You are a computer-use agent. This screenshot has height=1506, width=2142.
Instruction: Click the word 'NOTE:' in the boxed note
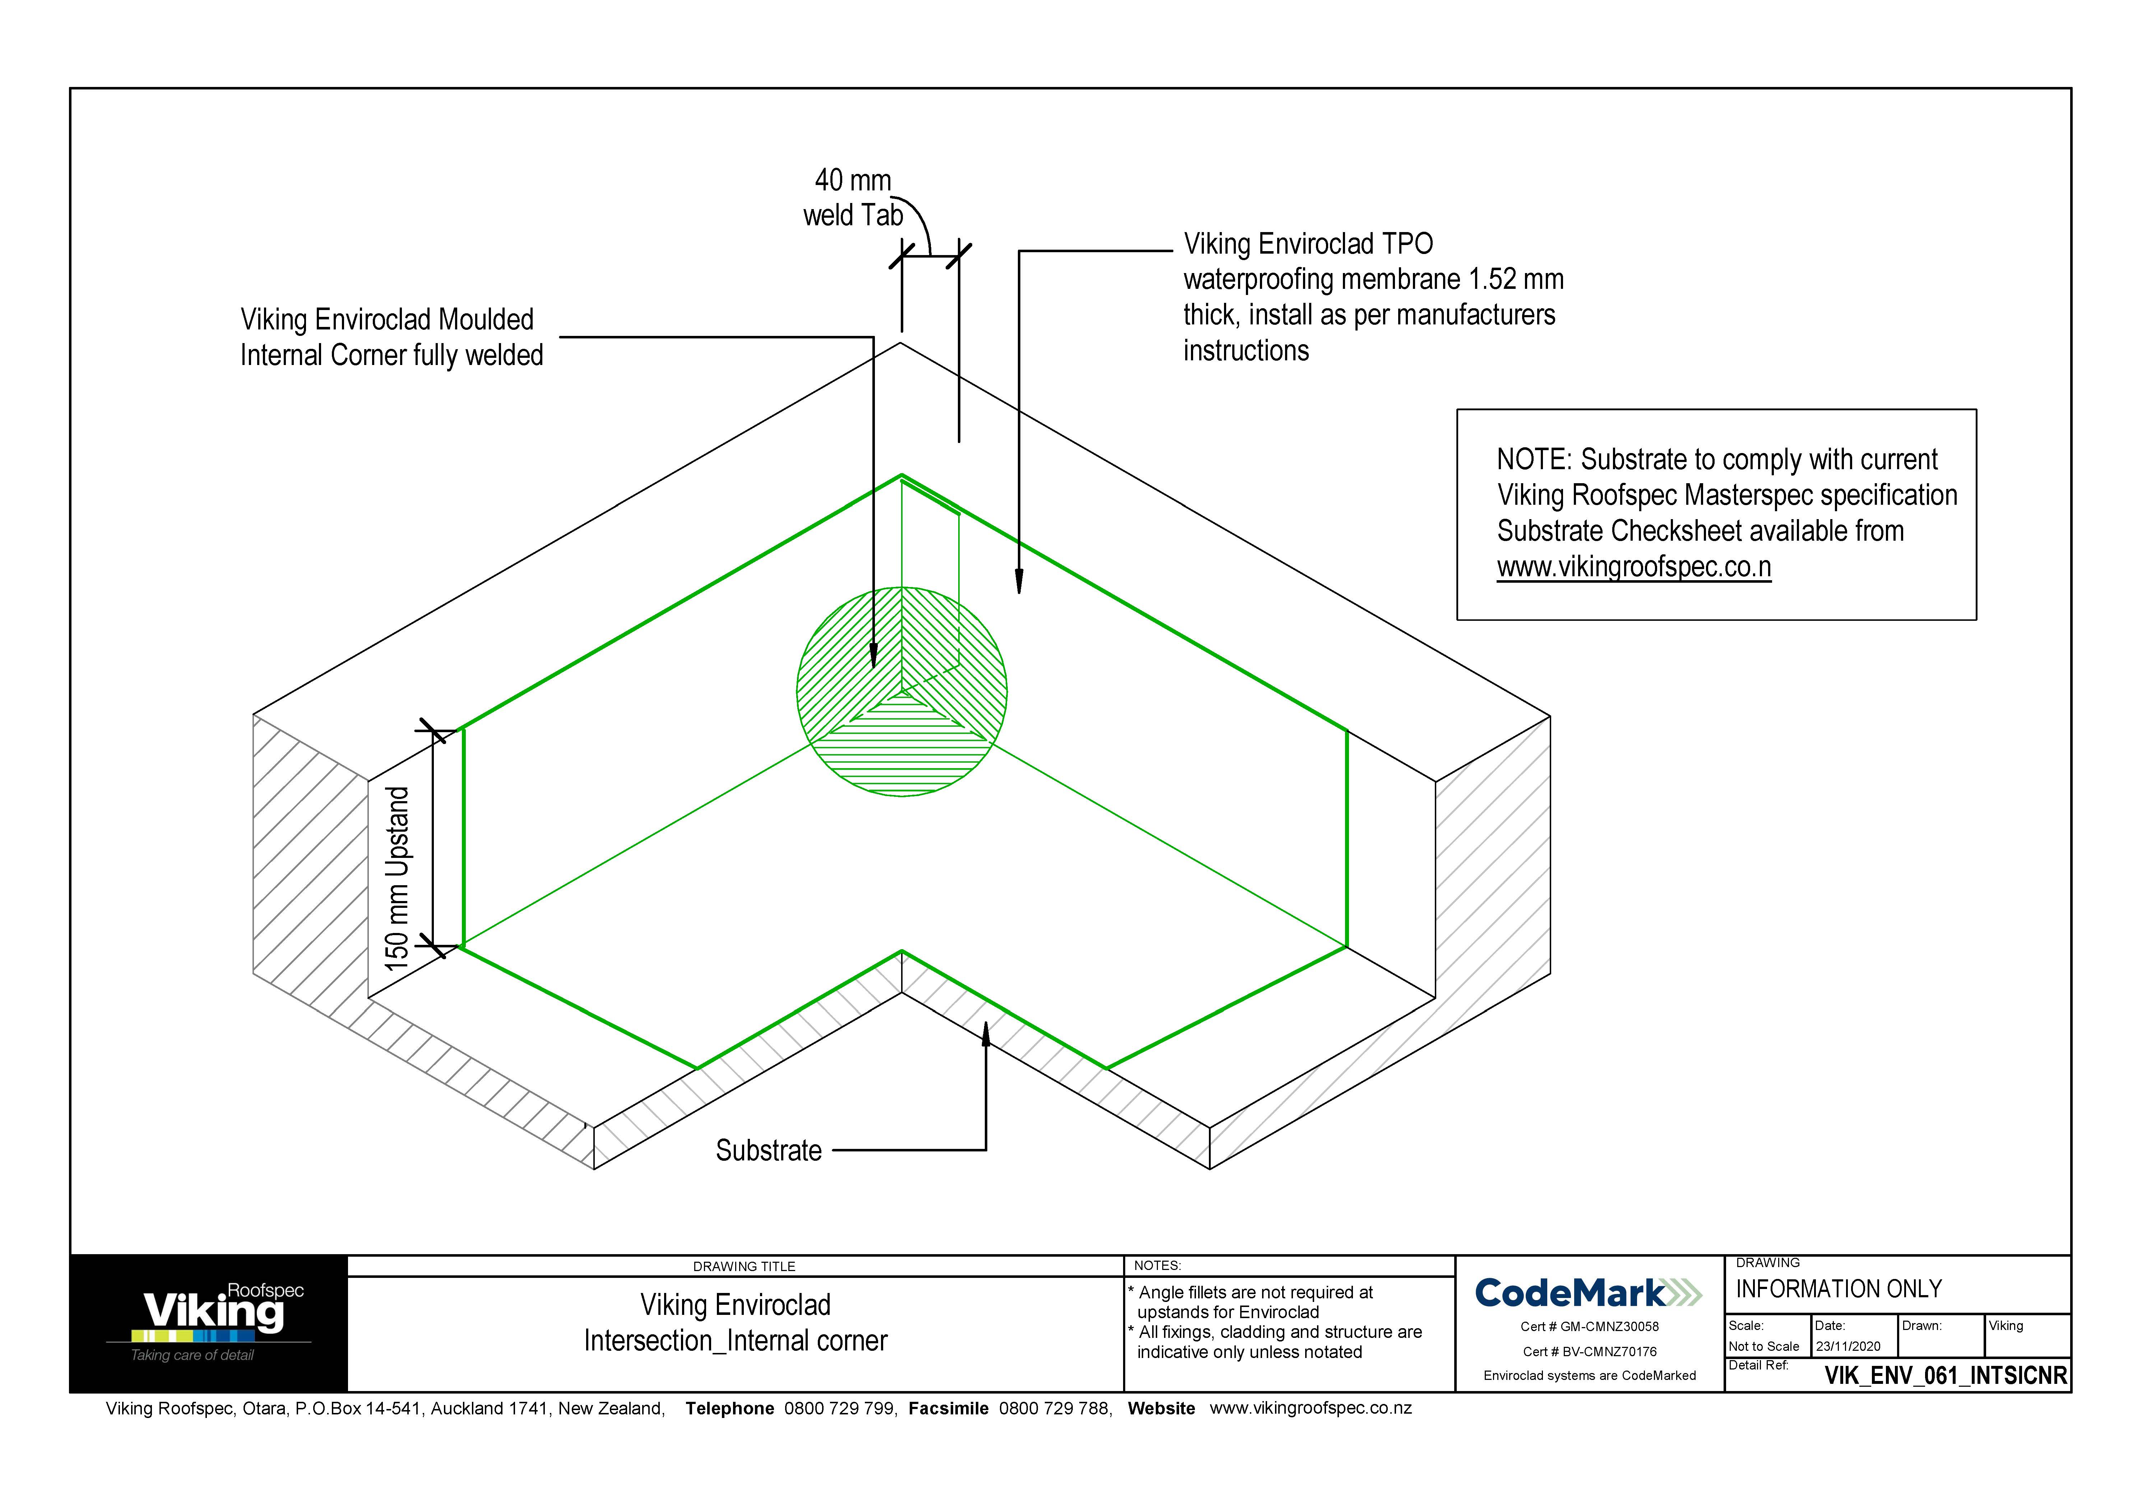(1534, 460)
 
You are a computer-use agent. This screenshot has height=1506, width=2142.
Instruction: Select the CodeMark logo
(1588, 1293)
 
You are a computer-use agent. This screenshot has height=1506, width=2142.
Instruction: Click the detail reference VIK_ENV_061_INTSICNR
(1945, 1375)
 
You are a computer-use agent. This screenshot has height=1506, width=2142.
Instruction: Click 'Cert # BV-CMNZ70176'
(1589, 1351)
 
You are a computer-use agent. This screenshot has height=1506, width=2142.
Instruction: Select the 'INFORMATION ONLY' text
(1838, 1289)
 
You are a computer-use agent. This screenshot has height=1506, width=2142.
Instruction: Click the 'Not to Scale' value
(1763, 1346)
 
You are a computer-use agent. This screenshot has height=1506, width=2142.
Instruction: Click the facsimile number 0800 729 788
(1054, 1408)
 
